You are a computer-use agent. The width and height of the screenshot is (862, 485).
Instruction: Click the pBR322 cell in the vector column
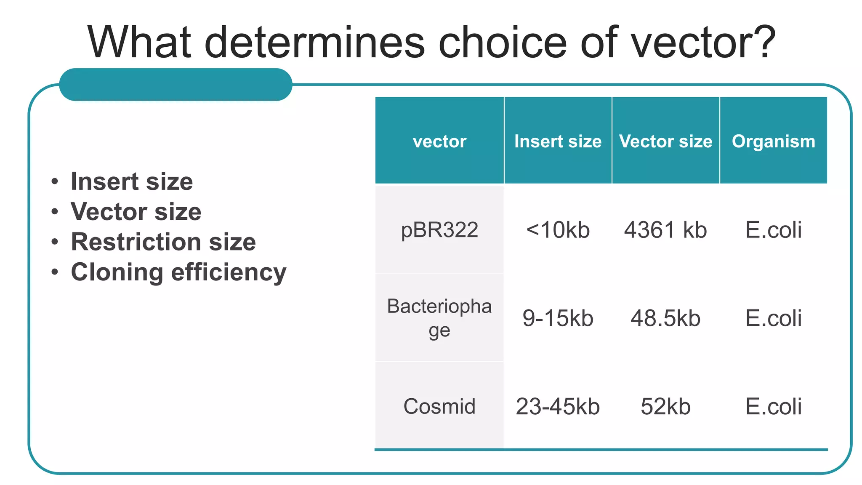[x=439, y=230]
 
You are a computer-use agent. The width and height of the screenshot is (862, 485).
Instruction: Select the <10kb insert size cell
[x=558, y=230]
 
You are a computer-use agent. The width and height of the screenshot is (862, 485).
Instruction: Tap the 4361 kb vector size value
[x=665, y=230]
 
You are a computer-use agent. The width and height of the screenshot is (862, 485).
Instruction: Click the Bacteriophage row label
[x=439, y=318]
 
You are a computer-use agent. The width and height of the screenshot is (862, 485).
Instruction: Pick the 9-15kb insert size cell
[x=558, y=318]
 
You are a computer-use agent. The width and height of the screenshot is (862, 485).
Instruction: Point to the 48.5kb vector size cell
[x=665, y=318]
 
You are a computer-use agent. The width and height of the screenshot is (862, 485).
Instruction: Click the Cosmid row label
[x=439, y=406]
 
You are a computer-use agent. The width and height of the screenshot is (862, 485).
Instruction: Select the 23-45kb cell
[x=558, y=406]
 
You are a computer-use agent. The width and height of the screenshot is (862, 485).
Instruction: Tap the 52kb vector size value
[x=665, y=406]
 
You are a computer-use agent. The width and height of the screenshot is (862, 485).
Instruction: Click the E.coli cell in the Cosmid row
[x=774, y=406]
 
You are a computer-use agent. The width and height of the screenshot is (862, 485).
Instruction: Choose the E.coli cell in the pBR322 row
[x=774, y=230]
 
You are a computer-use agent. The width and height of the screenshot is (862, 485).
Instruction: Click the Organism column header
[x=774, y=141]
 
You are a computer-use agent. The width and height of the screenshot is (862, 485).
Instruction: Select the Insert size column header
[x=558, y=141]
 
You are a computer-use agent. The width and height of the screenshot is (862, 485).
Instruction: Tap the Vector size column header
[x=665, y=141]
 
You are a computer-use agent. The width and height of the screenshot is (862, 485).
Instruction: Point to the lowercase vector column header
[x=439, y=141]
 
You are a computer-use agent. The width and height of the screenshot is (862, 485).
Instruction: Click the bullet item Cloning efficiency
[x=178, y=272]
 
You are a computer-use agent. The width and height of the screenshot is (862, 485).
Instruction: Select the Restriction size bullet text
[x=163, y=242]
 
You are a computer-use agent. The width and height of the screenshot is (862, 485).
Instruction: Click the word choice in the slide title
[x=503, y=42]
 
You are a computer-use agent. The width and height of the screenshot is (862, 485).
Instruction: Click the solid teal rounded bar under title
[x=176, y=85]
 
